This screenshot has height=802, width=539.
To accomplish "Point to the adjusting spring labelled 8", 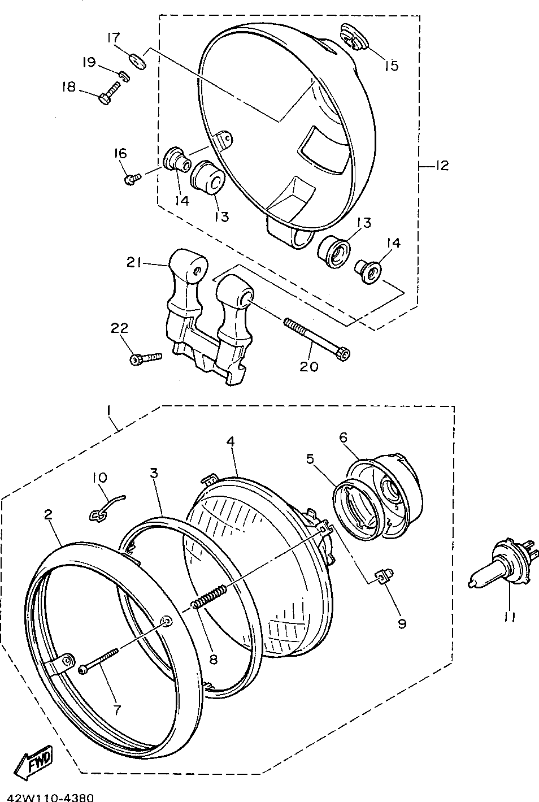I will pyautogui.click(x=210, y=597).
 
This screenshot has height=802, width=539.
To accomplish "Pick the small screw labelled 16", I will pyautogui.click(x=131, y=179).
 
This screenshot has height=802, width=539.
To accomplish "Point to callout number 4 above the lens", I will pyautogui.click(x=231, y=441).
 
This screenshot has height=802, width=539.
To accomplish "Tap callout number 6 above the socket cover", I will pyautogui.click(x=343, y=437).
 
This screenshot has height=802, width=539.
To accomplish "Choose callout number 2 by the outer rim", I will pyautogui.click(x=49, y=514).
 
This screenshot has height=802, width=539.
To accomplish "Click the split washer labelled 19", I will pyautogui.click(x=124, y=76).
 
